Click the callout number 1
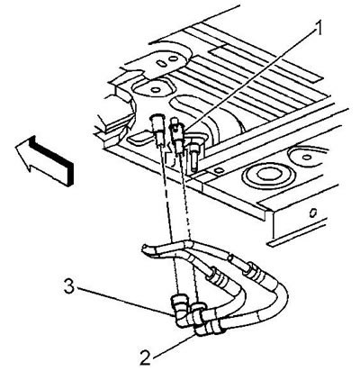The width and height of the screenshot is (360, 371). click(x=318, y=29)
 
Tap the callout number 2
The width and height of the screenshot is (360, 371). click(x=145, y=357)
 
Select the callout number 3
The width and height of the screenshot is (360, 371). click(x=69, y=287)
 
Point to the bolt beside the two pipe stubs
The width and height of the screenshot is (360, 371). click(x=193, y=155)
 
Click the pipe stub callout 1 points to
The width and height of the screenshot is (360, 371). click(x=176, y=135)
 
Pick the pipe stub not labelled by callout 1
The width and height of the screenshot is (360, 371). click(x=158, y=130)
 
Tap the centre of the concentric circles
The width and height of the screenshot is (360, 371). click(x=264, y=175)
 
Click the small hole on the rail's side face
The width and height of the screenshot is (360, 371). click(x=312, y=213)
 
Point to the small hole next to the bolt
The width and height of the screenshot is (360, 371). click(x=219, y=170)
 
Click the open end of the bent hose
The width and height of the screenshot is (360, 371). click(x=145, y=249)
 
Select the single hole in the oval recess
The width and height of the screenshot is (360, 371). click(x=156, y=90)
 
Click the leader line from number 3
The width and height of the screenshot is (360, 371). click(x=124, y=301)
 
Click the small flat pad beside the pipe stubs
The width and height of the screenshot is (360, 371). click(x=139, y=137)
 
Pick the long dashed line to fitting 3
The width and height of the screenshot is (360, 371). click(x=168, y=221)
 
